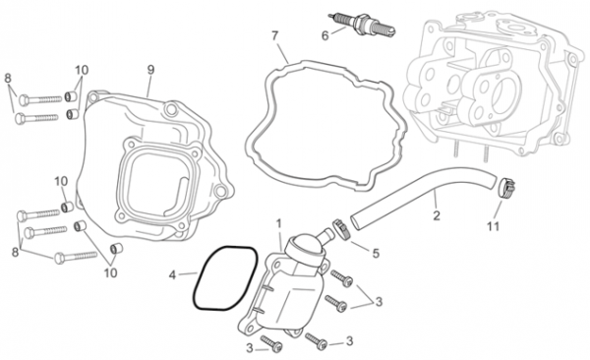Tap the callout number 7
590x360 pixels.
coord(275,36)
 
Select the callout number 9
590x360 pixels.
coord(150,70)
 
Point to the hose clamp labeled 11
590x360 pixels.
coord(506,187)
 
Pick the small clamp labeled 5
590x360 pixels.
coord(341,228)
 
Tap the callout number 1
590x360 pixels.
coord(279,224)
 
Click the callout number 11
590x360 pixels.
coord(493,226)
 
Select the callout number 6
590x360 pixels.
coord(325,35)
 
